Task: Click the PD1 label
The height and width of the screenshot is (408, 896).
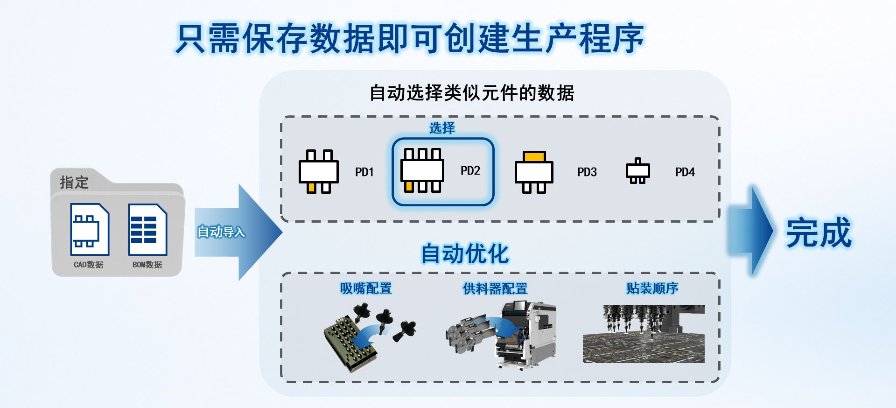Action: pos(364,172)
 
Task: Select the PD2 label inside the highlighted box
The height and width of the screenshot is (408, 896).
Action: pos(470,171)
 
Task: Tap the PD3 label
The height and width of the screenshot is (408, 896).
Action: pos(587,172)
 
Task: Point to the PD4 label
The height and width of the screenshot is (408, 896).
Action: pos(685,172)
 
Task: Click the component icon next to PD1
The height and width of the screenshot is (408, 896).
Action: pos(319,171)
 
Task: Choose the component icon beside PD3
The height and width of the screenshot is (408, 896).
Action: pos(534,172)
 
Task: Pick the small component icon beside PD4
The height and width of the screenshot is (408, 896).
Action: pos(637,171)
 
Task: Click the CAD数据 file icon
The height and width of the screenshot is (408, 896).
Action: pos(90,229)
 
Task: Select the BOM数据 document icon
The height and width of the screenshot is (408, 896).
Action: pos(147,229)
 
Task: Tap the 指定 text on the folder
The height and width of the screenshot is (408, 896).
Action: pos(74,182)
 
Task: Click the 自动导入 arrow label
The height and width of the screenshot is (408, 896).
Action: pos(221,232)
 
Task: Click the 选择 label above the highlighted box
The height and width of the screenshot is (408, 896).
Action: pos(442,128)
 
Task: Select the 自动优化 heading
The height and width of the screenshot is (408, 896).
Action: pos(465,254)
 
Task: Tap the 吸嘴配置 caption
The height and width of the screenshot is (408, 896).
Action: pos(366,288)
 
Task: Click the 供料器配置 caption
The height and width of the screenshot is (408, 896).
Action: pos(495,288)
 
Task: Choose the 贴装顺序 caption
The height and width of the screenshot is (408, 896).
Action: pos(652,288)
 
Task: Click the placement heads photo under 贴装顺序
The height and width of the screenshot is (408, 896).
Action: pos(644,334)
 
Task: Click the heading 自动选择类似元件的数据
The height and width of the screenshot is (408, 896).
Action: pos(471,93)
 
